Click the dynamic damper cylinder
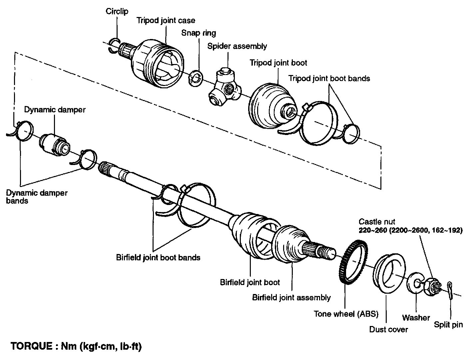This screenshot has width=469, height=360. point(54,144)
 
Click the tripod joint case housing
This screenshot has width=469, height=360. point(157,64)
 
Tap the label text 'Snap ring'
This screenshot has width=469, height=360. point(199,33)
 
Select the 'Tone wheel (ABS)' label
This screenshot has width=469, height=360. point(346,314)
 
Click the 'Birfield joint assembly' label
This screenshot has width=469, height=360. point(291,297)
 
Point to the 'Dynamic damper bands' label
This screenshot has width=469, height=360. point(37,197)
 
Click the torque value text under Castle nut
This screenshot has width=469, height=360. point(410,230)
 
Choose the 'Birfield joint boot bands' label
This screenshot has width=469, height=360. point(158,257)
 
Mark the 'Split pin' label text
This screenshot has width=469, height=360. point(448,324)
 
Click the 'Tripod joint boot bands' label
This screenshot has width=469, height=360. point(329,79)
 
